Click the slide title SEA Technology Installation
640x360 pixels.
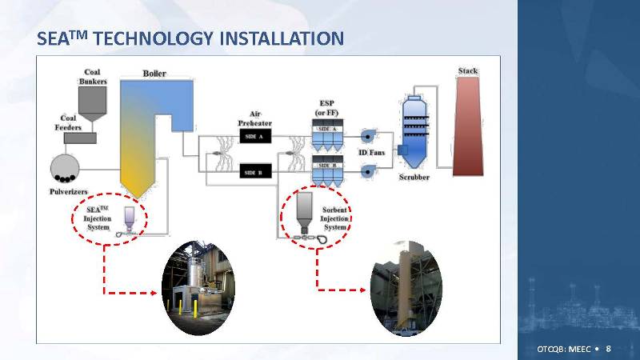click(x=190, y=38)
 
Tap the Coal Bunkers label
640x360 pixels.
click(x=93, y=76)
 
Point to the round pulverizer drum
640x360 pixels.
click(x=63, y=168)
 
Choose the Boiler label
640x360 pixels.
click(x=154, y=74)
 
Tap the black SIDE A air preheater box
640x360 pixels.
click(x=257, y=138)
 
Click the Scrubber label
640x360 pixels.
click(x=414, y=177)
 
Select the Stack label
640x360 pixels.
click(x=468, y=71)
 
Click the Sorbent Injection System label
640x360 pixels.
click(x=334, y=218)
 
